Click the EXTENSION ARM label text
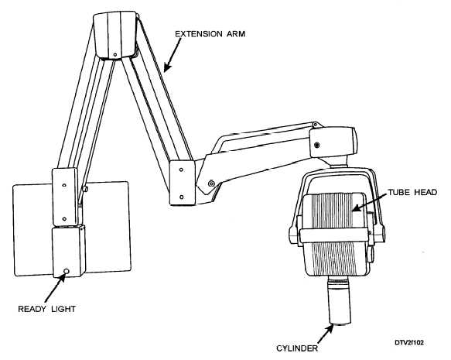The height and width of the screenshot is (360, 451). (210, 34)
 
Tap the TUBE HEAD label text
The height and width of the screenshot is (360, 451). (412, 192)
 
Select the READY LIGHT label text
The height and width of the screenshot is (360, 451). (47, 309)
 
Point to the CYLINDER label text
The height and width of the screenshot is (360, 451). (297, 348)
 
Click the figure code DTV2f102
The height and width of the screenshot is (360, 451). (409, 342)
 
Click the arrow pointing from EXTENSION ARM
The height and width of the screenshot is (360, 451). (173, 55)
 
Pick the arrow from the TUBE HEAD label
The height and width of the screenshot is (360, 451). (370, 203)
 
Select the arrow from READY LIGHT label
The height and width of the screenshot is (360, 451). (55, 288)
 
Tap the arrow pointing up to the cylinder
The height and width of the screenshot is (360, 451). (326, 334)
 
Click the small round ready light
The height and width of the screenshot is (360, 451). (67, 271)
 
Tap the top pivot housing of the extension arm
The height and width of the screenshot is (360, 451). (115, 35)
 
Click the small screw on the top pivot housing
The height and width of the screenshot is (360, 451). (115, 54)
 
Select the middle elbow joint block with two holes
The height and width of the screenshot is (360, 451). (183, 183)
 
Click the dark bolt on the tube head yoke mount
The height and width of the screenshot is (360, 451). (317, 145)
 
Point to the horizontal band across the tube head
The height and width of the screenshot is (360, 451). (333, 235)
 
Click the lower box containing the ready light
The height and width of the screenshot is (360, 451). (68, 252)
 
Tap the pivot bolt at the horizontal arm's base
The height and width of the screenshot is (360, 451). (211, 183)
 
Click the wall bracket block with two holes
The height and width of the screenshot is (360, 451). (65, 197)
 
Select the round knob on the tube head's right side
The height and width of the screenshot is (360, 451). (371, 253)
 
